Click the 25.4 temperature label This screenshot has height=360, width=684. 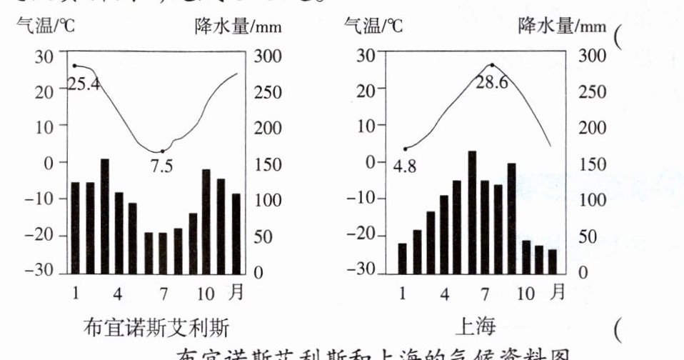[84, 84]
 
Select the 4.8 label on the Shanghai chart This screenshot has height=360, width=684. [404, 167]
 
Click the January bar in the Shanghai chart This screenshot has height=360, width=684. [403, 258]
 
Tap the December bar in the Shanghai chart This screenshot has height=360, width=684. [552, 261]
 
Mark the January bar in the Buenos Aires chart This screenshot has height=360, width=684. [75, 226]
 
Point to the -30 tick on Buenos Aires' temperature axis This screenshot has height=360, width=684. [39, 271]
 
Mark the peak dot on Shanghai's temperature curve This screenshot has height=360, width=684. [492, 65]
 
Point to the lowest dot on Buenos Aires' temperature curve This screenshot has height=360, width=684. [163, 151]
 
